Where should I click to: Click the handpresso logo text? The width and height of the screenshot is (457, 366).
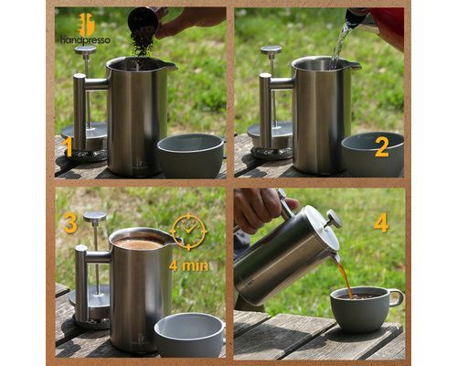(85, 40)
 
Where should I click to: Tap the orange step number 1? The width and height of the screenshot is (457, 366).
(69, 147)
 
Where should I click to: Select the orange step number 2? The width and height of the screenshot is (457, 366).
(382, 147)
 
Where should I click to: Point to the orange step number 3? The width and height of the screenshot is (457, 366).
(70, 222)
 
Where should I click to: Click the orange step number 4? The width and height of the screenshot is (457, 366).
(381, 222)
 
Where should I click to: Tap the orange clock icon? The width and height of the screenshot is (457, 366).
(189, 231)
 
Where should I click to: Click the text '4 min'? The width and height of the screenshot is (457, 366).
(188, 265)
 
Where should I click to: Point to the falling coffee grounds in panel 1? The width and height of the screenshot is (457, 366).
(143, 44)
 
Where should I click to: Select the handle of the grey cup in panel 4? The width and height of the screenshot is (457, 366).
(397, 298)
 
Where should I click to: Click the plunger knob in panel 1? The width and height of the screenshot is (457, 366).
(85, 49)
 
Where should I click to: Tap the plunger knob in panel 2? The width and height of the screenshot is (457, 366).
(271, 49)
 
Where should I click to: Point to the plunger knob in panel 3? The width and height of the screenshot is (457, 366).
(95, 217)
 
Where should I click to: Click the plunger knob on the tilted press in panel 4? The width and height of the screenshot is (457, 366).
(334, 219)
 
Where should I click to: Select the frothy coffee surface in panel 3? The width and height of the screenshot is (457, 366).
(139, 243)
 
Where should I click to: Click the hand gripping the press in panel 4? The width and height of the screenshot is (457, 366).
(262, 208)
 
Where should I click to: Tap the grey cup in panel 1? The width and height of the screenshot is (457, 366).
(191, 155)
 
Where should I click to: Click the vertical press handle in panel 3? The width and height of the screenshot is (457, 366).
(81, 284)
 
